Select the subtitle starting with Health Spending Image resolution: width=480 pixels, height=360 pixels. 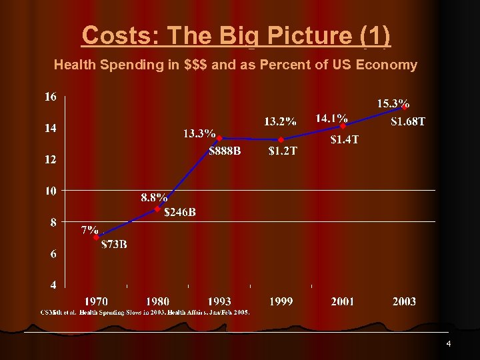(235, 65)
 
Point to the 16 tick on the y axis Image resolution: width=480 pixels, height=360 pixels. (51, 97)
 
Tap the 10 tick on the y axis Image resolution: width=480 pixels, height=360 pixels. (51, 191)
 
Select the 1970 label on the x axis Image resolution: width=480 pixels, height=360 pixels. (96, 301)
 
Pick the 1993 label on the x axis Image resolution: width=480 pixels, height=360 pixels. (219, 301)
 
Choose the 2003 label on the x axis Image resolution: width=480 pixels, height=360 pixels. (404, 301)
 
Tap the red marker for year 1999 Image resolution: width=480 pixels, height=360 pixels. (281, 140)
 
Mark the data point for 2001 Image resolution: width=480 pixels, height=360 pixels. (343, 126)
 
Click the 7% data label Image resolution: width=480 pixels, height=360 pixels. (90, 231)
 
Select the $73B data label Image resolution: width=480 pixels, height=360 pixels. (114, 244)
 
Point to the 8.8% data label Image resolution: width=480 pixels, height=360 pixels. (154, 197)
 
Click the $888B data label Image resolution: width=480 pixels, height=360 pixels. (225, 151)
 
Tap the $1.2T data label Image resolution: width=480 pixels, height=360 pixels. (283, 151)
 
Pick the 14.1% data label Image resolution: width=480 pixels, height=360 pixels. (331, 117)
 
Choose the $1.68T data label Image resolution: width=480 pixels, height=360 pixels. (407, 121)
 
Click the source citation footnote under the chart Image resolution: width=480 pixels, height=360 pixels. (145, 312)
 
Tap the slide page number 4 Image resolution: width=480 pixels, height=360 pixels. (449, 344)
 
